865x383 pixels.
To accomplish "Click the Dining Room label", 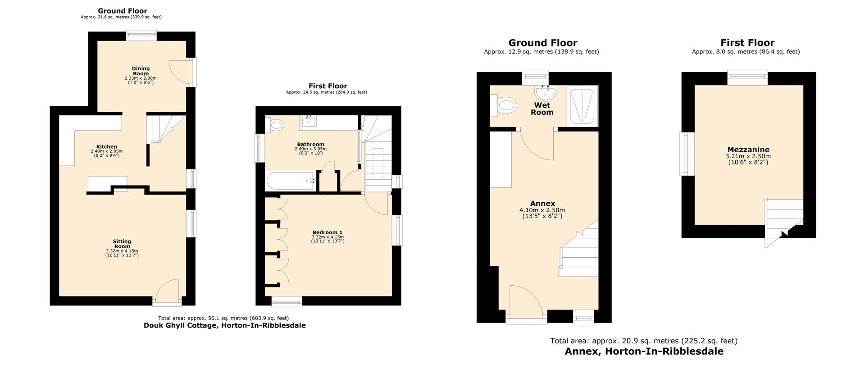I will pos(141,71).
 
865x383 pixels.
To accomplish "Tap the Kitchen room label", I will pos(106,147).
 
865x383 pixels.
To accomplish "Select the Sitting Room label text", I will pos(122,244).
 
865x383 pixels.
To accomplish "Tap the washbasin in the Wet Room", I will pos(545,93).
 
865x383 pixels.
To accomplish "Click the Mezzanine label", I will pos(748,150).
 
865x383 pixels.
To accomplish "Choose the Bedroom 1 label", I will pos(328,233).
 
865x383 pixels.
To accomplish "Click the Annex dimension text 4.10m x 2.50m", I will pos(542,210).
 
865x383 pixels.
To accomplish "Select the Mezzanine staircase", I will pos(783,221).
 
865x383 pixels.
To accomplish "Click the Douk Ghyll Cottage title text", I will pos(224,325).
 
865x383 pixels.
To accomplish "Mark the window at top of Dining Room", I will pos(141,35).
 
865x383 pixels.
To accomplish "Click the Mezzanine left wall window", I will pos(686,154).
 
